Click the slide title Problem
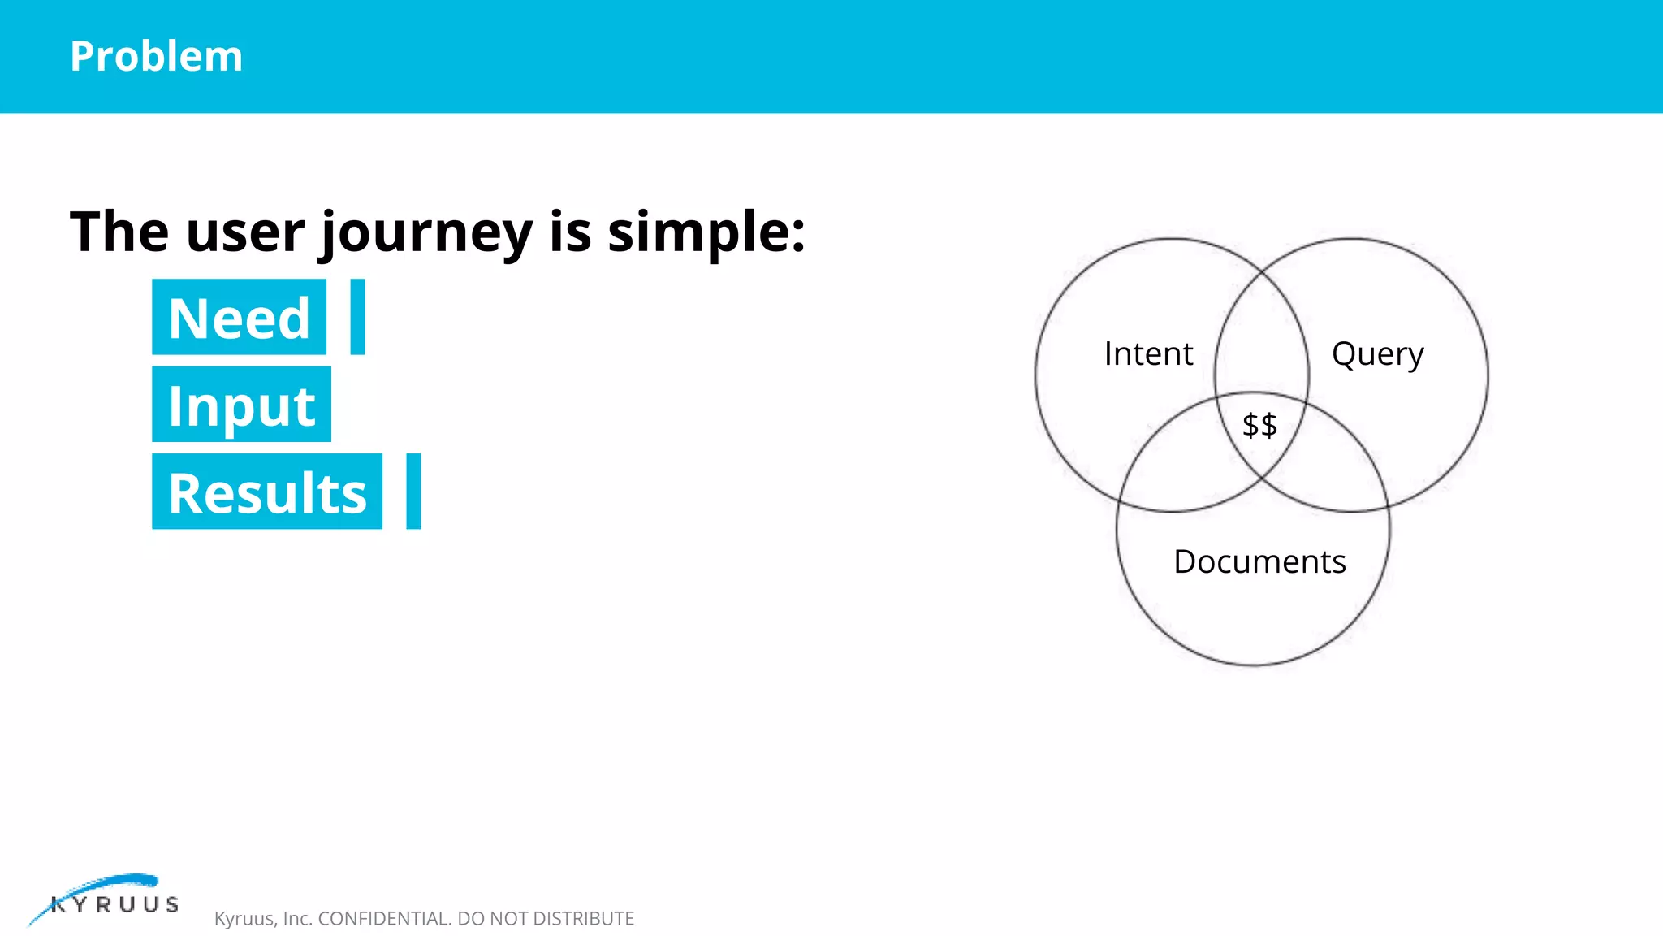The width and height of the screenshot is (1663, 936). click(x=156, y=56)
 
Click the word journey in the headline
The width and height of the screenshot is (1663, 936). click(x=427, y=232)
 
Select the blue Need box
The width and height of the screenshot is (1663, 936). click(x=239, y=317)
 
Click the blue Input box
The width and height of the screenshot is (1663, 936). click(x=241, y=405)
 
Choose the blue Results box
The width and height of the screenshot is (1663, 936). click(x=267, y=492)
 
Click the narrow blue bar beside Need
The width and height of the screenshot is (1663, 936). click(x=357, y=317)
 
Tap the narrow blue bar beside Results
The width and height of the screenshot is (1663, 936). click(x=413, y=492)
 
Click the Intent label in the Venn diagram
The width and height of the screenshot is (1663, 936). click(x=1148, y=354)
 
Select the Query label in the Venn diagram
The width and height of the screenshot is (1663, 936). click(x=1377, y=354)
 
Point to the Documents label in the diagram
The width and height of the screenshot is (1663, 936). click(x=1259, y=561)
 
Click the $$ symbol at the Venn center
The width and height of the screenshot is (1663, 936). click(x=1259, y=425)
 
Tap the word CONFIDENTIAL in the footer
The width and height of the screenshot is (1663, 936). click(x=384, y=918)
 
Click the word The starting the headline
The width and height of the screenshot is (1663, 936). click(x=119, y=232)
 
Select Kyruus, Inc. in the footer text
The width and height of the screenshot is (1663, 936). click(x=263, y=918)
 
